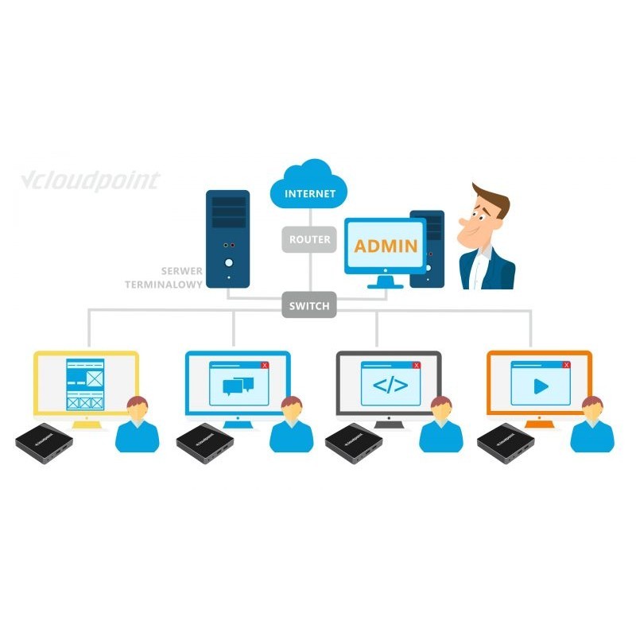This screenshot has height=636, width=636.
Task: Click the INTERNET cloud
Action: [x=309, y=188]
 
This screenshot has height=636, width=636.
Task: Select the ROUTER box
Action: [x=309, y=238]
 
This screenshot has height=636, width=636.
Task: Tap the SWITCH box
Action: [x=309, y=304]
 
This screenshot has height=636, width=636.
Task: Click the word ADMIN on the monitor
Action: [x=386, y=245]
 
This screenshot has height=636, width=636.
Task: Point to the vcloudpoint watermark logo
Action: [x=89, y=180]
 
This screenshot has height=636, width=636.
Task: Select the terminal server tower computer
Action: [x=227, y=238]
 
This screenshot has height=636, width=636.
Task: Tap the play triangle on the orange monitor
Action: [x=541, y=386]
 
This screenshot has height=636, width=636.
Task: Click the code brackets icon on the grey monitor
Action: [x=390, y=386]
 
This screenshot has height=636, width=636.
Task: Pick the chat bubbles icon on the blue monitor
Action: [x=238, y=386]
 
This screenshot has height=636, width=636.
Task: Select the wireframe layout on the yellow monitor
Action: [x=86, y=386]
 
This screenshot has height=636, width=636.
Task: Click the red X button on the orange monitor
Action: [x=566, y=365]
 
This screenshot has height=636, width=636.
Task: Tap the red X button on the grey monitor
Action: [x=416, y=365]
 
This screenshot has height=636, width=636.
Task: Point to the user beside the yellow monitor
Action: [x=137, y=425]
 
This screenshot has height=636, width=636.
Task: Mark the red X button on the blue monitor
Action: [x=265, y=365]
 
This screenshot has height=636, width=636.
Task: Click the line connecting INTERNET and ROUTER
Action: [x=309, y=216]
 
